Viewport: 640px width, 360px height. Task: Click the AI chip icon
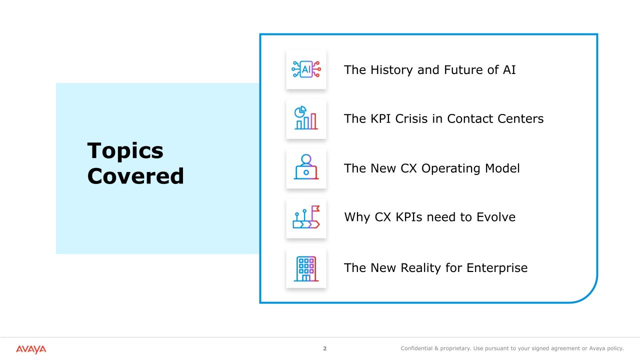pyautogui.click(x=306, y=69)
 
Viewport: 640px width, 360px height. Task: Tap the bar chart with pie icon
pyautogui.click(x=306, y=117)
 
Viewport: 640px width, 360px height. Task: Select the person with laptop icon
pyautogui.click(x=306, y=167)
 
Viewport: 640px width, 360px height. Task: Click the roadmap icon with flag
pyautogui.click(x=306, y=217)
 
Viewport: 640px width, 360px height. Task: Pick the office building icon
pyautogui.click(x=306, y=268)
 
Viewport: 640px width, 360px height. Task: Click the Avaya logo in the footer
pyautogui.click(x=31, y=349)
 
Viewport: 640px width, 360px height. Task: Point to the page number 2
pyautogui.click(x=325, y=348)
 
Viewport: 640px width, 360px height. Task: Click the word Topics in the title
pyautogui.click(x=125, y=151)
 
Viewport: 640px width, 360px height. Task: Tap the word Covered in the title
pyautogui.click(x=135, y=176)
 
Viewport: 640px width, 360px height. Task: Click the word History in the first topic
pyautogui.click(x=391, y=70)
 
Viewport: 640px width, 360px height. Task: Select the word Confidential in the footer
pyautogui.click(x=416, y=348)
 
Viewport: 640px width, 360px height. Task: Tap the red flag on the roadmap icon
pyautogui.click(x=315, y=208)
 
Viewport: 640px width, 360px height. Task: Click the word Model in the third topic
pyautogui.click(x=502, y=168)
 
